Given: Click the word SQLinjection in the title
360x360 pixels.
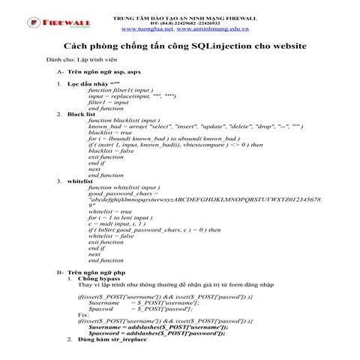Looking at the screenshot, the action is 221,46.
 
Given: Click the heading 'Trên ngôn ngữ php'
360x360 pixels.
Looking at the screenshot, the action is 95,272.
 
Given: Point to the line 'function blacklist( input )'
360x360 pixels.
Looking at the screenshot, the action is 124,120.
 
